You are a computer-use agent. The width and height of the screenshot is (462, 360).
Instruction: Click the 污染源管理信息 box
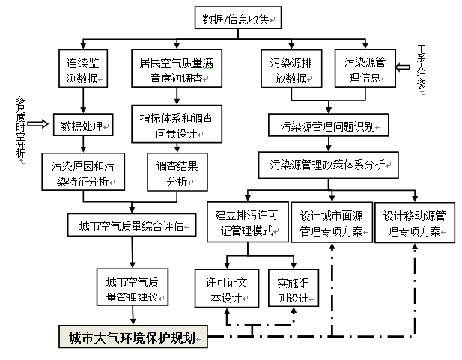tap(365, 69)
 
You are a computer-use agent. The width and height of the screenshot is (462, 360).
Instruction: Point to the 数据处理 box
tap(82, 124)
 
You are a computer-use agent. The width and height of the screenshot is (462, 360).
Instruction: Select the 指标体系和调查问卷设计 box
tap(177, 124)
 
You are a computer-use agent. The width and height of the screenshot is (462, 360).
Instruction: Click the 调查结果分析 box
tap(177, 173)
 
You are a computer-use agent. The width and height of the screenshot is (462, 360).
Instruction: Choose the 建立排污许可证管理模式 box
tap(246, 223)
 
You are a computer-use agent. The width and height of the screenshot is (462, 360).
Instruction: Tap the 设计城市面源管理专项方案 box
tap(330, 223)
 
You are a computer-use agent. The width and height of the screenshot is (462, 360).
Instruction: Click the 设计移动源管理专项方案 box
tap(415, 223)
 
